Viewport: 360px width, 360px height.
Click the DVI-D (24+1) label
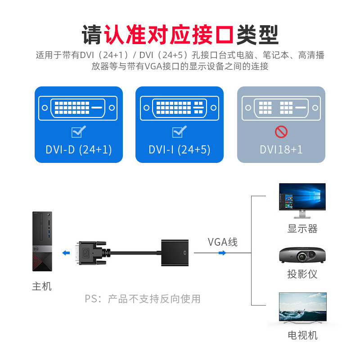[79, 149]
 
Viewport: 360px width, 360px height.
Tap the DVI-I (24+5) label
[180, 149]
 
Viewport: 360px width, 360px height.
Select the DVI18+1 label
[281, 149]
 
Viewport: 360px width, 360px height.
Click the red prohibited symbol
[281, 131]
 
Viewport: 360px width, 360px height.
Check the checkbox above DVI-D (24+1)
[79, 131]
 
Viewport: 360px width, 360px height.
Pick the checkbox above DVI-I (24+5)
[180, 131]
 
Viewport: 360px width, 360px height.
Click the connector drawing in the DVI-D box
[79, 108]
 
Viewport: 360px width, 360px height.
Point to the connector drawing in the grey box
[281, 108]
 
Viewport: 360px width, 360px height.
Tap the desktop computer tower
[42, 241]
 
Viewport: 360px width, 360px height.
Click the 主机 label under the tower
[42, 286]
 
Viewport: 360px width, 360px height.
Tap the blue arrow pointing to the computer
[66, 253]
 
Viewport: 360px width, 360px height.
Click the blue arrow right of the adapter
[222, 253]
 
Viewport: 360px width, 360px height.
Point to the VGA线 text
[222, 242]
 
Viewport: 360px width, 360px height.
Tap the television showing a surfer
[302, 308]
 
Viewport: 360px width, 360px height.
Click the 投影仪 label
[302, 274]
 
